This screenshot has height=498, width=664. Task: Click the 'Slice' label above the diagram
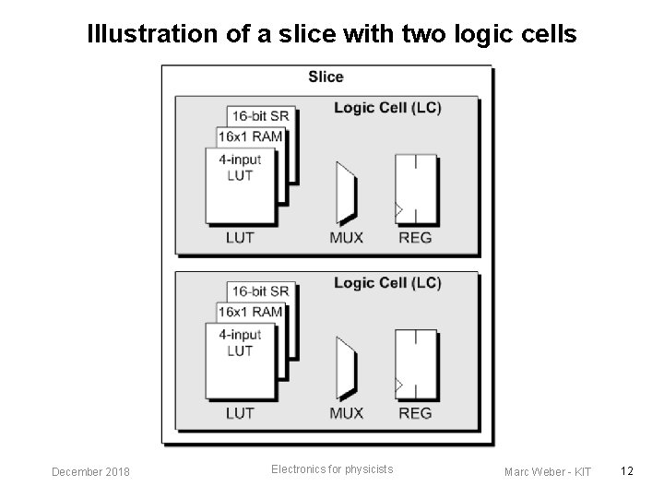[x=326, y=77]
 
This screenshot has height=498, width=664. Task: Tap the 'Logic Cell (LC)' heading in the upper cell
[x=387, y=108]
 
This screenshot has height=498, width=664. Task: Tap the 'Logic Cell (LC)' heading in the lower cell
[x=387, y=283]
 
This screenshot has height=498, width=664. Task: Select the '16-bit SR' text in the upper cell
[x=260, y=116]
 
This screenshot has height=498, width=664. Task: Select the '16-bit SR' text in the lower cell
[x=260, y=291]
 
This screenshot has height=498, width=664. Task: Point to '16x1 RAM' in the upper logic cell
[x=250, y=136]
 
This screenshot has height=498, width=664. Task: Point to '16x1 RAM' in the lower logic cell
[x=250, y=312]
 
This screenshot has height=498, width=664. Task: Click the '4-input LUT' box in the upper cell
[x=240, y=184]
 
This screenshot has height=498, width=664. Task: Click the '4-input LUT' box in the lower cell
[x=240, y=360]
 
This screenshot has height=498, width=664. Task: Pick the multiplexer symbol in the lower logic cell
[x=347, y=368]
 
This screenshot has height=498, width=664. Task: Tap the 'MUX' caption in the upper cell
[x=347, y=238]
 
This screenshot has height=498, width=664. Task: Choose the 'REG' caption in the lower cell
[x=415, y=413]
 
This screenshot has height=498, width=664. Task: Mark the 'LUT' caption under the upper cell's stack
[x=241, y=238]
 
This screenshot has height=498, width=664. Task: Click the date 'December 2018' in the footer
[x=90, y=472]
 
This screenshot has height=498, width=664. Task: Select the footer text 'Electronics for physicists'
[x=332, y=469]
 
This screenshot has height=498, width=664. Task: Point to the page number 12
[x=627, y=471]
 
